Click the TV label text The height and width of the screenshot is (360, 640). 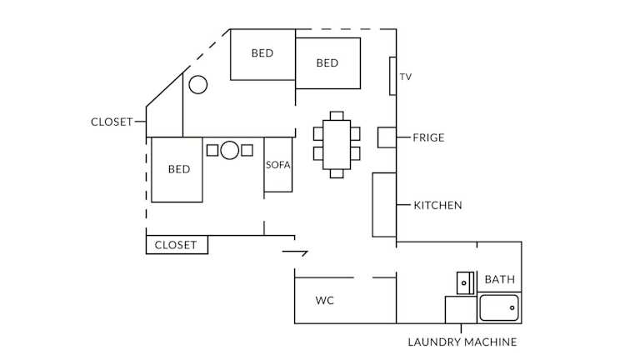tap(406, 77)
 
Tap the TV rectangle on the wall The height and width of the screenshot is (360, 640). tap(392, 76)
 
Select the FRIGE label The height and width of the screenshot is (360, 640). tap(428, 137)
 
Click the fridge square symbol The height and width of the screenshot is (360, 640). tap(387, 137)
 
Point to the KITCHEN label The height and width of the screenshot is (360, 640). tap(437, 205)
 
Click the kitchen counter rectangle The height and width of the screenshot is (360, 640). tap(383, 205)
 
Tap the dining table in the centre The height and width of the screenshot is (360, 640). tap(337, 143)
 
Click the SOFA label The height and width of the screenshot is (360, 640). tap(278, 164)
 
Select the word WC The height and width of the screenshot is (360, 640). tap(325, 300)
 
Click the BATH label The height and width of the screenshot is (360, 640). tap(500, 279)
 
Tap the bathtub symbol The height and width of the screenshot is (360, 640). tap(499, 308)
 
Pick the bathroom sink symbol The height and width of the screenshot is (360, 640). tap(465, 282)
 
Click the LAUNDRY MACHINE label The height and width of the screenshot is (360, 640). tap(462, 342)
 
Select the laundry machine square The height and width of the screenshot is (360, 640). tap(461, 309)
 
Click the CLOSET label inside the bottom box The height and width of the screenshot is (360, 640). tap(176, 245)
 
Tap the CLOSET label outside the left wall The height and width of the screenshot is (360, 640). tap(112, 122)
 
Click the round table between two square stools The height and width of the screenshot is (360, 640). tap(230, 151)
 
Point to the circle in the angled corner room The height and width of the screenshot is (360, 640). tap(197, 84)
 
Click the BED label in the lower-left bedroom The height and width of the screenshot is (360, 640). tap(179, 169)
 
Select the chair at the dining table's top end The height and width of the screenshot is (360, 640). tap(337, 115)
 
